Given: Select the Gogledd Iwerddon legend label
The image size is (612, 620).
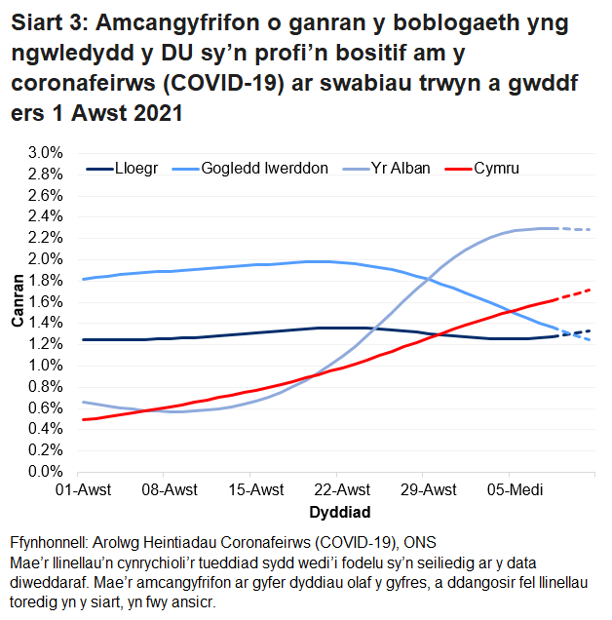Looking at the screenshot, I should (x=264, y=168).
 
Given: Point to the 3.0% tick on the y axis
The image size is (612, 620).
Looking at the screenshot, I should (x=45, y=153).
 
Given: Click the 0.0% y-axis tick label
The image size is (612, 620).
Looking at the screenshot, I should (x=45, y=472).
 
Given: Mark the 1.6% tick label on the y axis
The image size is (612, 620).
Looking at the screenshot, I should (x=45, y=301).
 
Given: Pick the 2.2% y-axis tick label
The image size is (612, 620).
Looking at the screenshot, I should (x=45, y=238).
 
